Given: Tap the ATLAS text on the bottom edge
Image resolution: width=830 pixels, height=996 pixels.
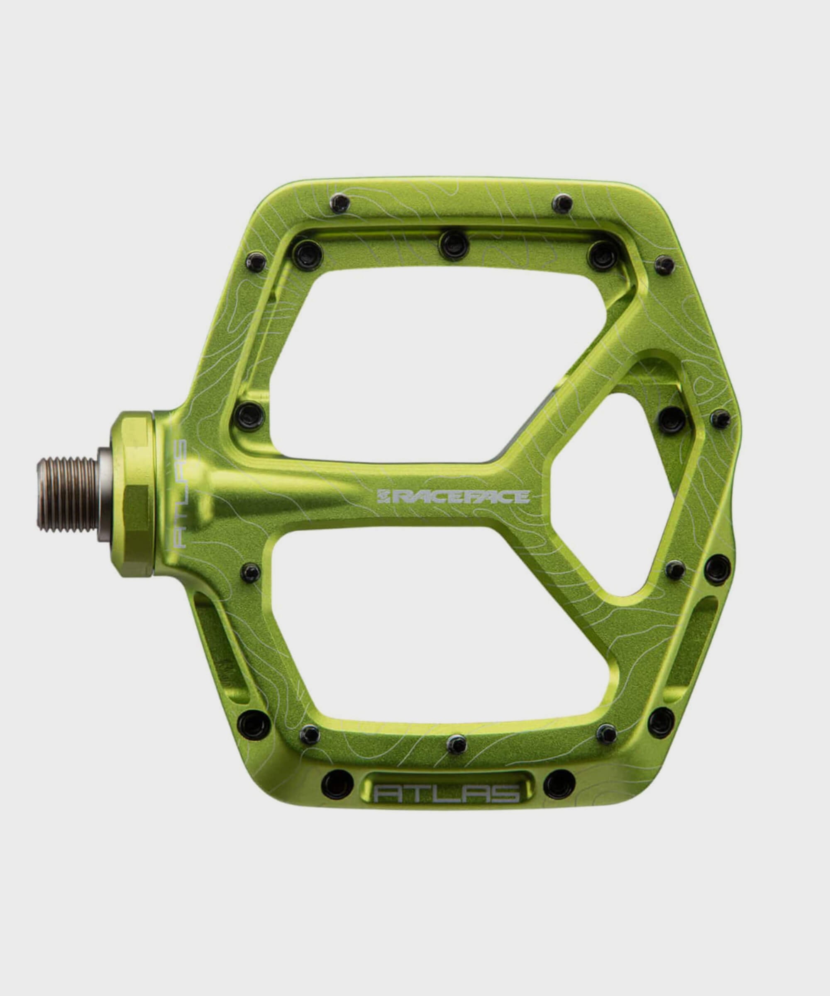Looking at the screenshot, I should [x=446, y=793].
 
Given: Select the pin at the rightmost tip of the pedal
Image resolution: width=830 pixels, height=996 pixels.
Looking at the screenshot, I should [x=721, y=419].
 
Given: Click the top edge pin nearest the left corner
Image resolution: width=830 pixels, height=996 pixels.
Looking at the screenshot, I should [x=340, y=203].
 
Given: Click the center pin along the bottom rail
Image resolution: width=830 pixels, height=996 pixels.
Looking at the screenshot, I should [x=456, y=744].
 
